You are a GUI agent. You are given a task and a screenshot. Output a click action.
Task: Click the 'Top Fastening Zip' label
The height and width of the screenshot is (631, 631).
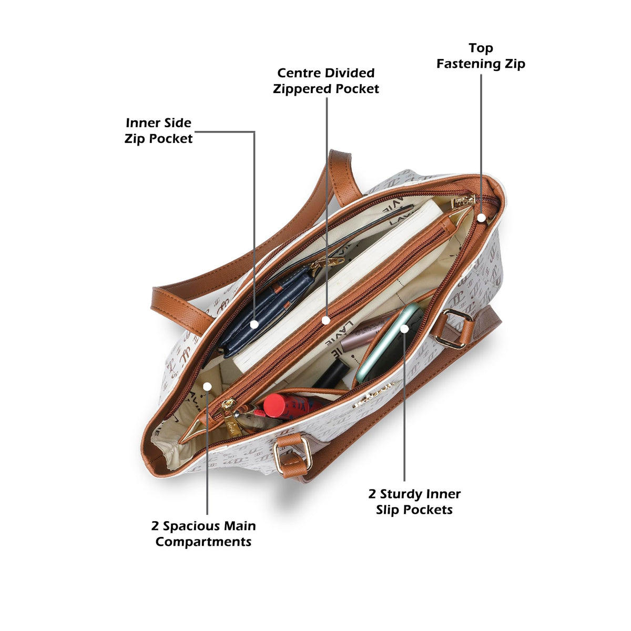(x=481, y=56)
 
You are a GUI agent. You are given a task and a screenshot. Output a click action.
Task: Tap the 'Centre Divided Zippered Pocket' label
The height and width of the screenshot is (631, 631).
(x=326, y=81)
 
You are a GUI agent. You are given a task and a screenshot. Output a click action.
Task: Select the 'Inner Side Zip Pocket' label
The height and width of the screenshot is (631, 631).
(x=158, y=130)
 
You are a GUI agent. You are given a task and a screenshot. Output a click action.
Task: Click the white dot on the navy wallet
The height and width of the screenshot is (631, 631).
(x=255, y=324)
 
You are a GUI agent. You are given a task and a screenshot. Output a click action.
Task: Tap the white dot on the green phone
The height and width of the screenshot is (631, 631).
(x=405, y=329)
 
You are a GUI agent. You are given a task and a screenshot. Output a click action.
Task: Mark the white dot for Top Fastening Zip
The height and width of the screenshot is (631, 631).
(x=481, y=218)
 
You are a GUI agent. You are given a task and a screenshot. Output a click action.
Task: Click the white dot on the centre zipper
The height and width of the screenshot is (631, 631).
(x=325, y=320)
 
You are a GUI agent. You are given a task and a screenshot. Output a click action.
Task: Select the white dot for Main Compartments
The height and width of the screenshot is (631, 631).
(x=207, y=386)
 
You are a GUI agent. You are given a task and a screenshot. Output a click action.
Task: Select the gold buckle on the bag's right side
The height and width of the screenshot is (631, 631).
(x=453, y=329)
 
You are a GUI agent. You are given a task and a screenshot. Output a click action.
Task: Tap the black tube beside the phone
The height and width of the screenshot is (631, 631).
(x=331, y=374)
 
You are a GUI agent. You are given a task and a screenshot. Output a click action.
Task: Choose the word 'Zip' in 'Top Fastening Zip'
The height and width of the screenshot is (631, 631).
(x=514, y=64)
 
